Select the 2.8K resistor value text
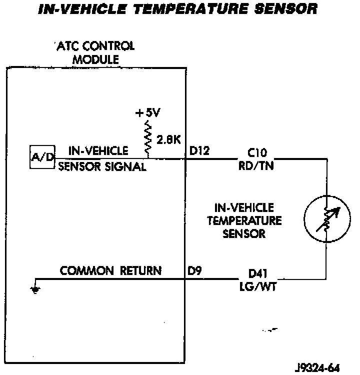169,140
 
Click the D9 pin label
194,271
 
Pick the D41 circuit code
258,273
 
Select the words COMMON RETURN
110,271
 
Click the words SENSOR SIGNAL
102,167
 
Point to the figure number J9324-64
318,368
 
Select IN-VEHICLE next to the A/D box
98,150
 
